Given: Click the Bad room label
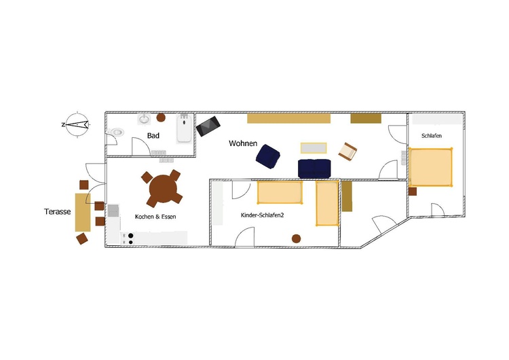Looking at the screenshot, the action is pyautogui.click(x=153, y=135).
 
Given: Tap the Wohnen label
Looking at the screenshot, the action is pyautogui.click(x=243, y=143).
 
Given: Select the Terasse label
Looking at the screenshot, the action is pyautogui.click(x=58, y=211).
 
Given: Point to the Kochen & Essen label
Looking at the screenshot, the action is pyautogui.click(x=155, y=217).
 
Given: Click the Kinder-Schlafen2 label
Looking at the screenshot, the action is pyautogui.click(x=262, y=215).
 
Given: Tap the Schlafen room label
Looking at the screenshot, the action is pyautogui.click(x=432, y=136).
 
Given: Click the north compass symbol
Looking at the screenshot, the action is pyautogui.click(x=77, y=124).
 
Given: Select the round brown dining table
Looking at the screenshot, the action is pyautogui.click(x=164, y=189).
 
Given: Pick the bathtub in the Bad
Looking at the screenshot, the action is pyautogui.click(x=184, y=128).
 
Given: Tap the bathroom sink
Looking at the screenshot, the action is pyautogui.click(x=144, y=120).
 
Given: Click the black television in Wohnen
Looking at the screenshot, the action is pyautogui.click(x=208, y=126).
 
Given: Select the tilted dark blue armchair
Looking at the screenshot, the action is pyautogui.click(x=268, y=156).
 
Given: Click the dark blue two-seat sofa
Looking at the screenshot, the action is pyautogui.click(x=314, y=168).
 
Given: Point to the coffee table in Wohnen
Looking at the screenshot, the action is pyautogui.click(x=314, y=148).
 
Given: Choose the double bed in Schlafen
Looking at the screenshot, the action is pyautogui.click(x=430, y=167).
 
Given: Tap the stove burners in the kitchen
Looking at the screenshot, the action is pyautogui.click(x=131, y=238).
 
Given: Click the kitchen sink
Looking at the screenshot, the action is pyautogui.click(x=113, y=210).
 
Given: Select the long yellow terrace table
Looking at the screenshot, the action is pyautogui.click(x=83, y=213).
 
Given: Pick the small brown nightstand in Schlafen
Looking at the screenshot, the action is pyautogui.click(x=413, y=192).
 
